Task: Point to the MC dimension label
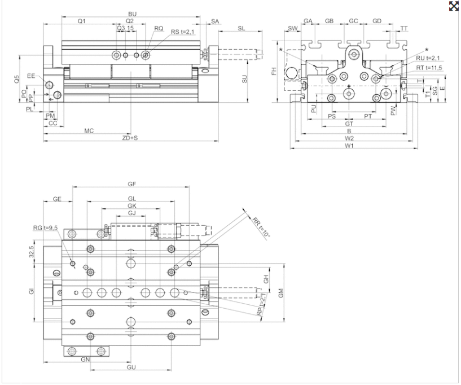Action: click(89, 130)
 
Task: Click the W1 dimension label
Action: click(349, 146)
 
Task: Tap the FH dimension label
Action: click(274, 72)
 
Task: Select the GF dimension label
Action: click(133, 184)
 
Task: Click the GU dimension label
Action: click(131, 368)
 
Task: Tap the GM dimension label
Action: click(280, 292)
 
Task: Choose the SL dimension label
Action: click(242, 28)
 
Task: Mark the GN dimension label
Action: click(86, 360)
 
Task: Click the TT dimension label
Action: click(404, 28)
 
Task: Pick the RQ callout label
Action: click(159, 28)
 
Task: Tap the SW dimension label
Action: click(292, 28)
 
